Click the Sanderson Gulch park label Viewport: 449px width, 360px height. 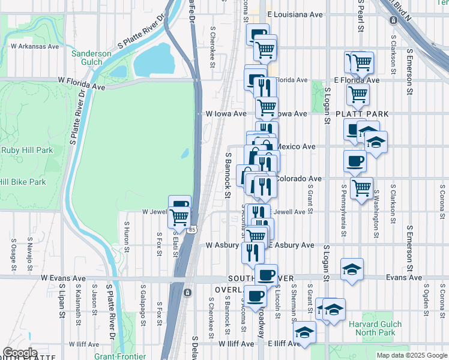pyautogui.click(x=91, y=58)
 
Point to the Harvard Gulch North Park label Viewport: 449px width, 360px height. pyautogui.click(x=372, y=328)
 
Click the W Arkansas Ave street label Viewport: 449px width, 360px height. pyautogui.click(x=35, y=46)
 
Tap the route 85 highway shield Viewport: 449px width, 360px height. pyautogui.click(x=191, y=230)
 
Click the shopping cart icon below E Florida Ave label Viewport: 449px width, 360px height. pyautogui.click(x=358, y=94)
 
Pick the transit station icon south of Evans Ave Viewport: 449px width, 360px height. pyautogui.click(x=187, y=292)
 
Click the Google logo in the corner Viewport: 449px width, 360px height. pyautogui.click(x=20, y=353)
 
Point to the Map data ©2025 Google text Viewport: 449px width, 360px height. pyautogui.click(x=411, y=355)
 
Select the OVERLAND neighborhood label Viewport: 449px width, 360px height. pyautogui.click(x=230, y=290)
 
